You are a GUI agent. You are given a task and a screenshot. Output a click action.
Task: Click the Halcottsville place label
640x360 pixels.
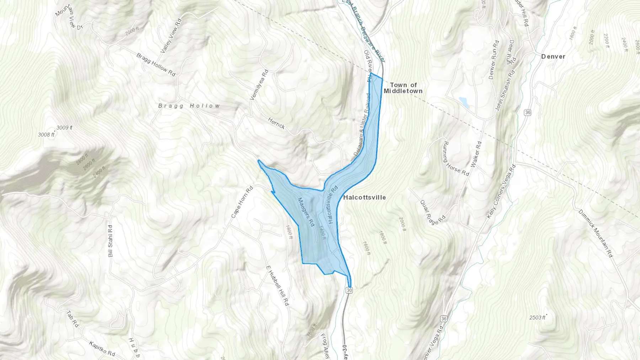pos(364,197)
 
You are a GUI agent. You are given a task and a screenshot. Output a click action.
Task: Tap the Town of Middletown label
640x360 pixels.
pos(403,88)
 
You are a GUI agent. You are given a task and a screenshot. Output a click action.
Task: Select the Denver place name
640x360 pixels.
pos(553,57)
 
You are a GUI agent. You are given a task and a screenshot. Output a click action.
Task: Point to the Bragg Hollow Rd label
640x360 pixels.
pos(156,65)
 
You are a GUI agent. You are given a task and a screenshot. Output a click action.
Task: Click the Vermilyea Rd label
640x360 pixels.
pos(259,85)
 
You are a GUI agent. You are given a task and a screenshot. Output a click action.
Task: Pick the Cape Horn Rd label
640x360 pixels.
pos(242,202)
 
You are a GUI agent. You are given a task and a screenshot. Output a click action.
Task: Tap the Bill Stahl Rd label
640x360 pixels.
pos(110,241)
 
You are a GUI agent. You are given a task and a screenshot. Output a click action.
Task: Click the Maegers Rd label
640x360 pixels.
pos(306,213)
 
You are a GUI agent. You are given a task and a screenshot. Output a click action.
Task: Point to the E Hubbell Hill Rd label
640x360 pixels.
pos(278,286)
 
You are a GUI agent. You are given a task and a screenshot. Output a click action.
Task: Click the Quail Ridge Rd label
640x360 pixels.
pos(433,212)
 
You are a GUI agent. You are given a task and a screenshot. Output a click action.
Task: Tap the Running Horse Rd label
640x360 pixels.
pos(455,158)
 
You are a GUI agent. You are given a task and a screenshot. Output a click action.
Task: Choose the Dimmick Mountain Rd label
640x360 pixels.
pos(596,233)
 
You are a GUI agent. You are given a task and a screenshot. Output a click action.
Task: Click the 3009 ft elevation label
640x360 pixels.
pos(64,128)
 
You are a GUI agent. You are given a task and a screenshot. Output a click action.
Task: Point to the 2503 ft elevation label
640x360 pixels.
pos(537,317)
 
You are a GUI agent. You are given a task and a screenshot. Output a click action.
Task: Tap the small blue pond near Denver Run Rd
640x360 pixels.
pos(464,102)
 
